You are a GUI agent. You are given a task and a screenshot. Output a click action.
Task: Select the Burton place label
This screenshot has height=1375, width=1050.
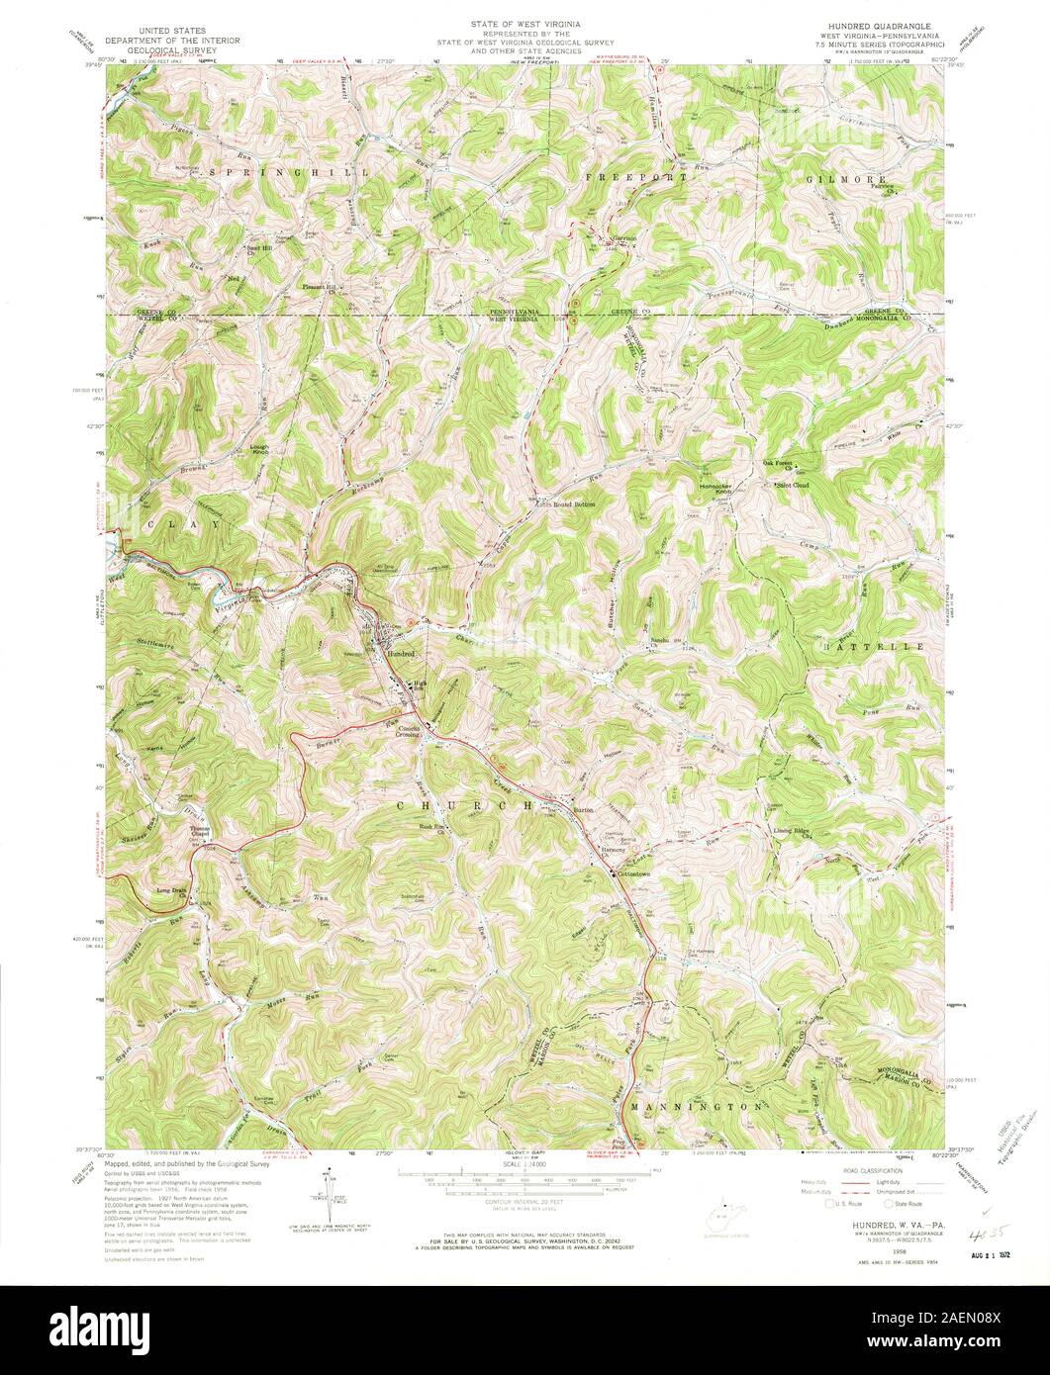(585, 809)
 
